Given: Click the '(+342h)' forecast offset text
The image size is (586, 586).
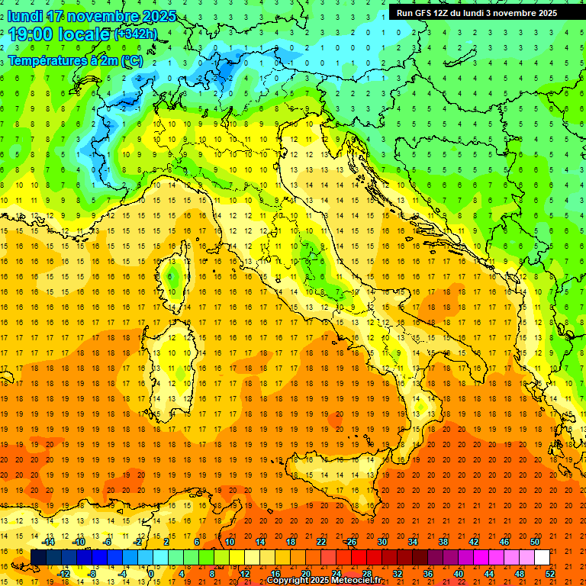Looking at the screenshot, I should click(x=136, y=34).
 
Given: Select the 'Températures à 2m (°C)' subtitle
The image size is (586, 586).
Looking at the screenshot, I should click(x=75, y=60).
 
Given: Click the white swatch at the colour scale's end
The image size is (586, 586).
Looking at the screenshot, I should click(x=543, y=557).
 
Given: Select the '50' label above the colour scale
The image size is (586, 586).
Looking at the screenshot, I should click(x=535, y=542).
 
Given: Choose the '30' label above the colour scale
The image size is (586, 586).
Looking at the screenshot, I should click(x=382, y=542).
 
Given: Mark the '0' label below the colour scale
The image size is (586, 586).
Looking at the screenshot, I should click(x=151, y=574).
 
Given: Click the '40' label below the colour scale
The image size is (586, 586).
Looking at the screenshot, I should click(x=459, y=574).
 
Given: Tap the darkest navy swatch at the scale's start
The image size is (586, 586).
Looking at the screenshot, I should click(x=39, y=557).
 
